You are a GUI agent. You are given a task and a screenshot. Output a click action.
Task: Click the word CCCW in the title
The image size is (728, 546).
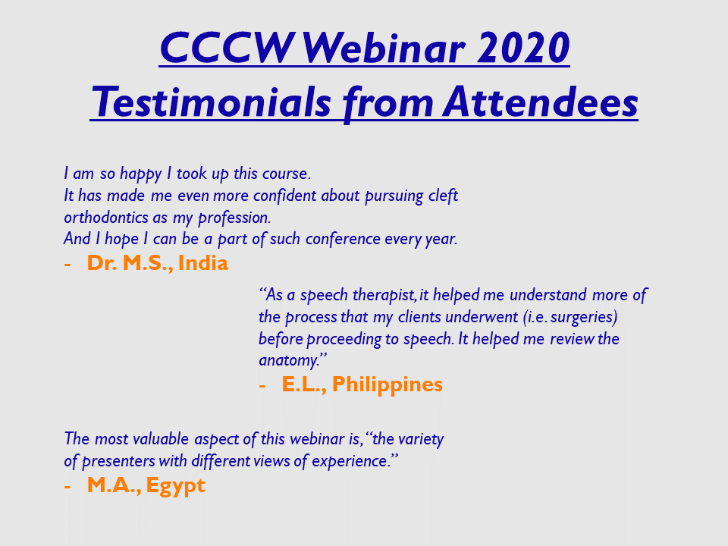(x=227, y=48)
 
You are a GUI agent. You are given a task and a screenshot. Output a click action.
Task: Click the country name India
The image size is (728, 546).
(x=203, y=263)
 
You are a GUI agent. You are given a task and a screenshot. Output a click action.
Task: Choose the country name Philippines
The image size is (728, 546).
(x=388, y=385)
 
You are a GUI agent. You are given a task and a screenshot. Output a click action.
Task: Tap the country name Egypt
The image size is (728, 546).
(x=175, y=486)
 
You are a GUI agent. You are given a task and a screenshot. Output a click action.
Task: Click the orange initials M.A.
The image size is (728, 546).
(x=114, y=485)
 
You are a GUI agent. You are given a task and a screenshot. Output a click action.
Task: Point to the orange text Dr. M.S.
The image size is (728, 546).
(x=130, y=263)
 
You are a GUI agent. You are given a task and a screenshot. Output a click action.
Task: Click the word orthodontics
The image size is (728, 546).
(x=107, y=218)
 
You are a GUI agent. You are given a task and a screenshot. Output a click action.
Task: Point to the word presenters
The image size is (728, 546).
(x=118, y=461)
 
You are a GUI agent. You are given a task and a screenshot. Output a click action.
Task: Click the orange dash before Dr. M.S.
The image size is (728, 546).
(x=67, y=265)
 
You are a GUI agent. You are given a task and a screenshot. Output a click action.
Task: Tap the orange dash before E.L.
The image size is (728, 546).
(x=262, y=386)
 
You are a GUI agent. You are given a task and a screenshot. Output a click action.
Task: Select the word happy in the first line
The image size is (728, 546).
(x=141, y=174)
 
